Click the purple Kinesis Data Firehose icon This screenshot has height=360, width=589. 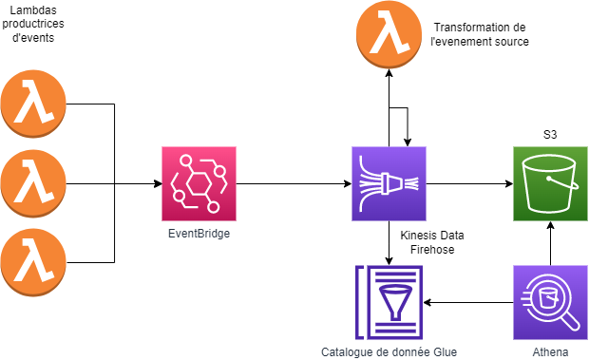click(389, 183)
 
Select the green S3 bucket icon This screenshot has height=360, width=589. click(550, 183)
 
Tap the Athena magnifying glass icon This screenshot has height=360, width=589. click(550, 302)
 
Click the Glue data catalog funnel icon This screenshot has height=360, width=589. click(389, 302)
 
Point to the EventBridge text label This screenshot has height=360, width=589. click(199, 232)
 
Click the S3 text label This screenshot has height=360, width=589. click(549, 136)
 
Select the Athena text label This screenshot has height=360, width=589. click(550, 351)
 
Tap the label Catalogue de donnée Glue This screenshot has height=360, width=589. click(389, 351)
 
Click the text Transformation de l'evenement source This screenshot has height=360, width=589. click(480, 34)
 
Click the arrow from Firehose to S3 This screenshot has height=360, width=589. click(469, 183)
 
